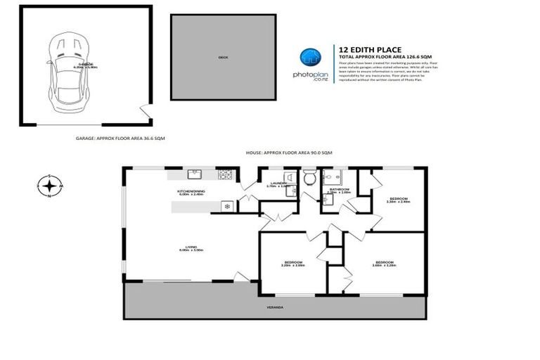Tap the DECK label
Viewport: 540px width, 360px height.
point(222,58)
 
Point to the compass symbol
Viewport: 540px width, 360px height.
point(49,186)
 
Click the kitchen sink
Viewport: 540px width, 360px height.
point(195,173)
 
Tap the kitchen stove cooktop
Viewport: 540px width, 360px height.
point(226,174)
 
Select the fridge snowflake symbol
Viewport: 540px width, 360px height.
point(226,206)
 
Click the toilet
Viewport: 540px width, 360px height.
point(309,178)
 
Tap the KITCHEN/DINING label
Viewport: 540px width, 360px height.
point(191,191)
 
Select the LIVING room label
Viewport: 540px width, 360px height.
point(191,247)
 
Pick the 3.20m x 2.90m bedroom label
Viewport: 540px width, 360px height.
point(292,263)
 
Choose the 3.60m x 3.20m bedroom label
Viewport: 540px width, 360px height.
point(384,263)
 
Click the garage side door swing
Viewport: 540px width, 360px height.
point(144,111)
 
